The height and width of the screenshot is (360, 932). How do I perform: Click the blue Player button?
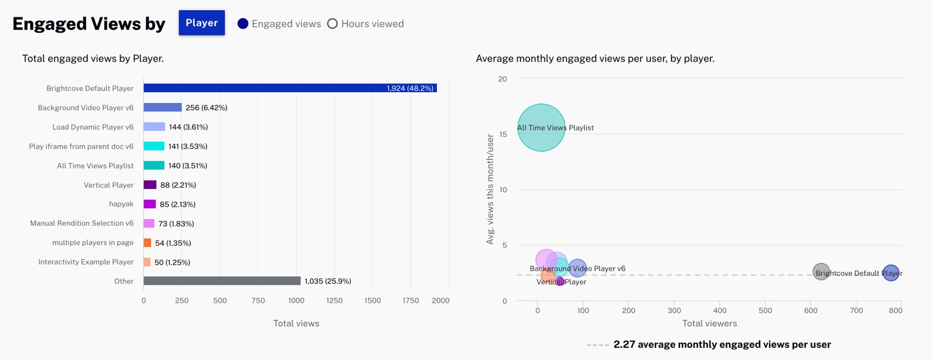202,23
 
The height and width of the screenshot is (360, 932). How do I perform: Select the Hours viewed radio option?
332,23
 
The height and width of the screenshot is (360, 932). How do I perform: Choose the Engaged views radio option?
243,23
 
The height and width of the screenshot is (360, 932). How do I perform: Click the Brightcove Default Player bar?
290,88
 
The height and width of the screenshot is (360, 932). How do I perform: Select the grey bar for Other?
222,281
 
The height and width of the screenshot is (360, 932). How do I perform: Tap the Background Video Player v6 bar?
162,108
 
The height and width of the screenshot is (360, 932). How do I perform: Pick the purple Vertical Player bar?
150,185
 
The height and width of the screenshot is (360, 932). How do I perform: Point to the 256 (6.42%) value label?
206,108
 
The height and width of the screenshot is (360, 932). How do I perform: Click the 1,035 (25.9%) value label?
327,281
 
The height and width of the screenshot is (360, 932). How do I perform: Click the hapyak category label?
121,204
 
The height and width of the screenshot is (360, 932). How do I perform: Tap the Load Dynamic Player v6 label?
93,127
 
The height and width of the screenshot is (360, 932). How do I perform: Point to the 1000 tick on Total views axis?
296,301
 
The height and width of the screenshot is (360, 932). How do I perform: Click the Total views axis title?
296,323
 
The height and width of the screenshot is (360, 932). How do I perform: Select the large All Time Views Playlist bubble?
541,128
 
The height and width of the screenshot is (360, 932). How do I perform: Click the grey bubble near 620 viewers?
821,272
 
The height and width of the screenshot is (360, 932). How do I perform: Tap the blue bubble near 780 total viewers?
891,273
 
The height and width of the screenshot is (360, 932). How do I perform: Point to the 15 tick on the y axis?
502,134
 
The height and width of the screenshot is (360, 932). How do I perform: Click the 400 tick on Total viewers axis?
720,311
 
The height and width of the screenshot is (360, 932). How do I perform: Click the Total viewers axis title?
710,323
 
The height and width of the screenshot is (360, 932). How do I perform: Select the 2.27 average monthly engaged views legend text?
722,345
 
